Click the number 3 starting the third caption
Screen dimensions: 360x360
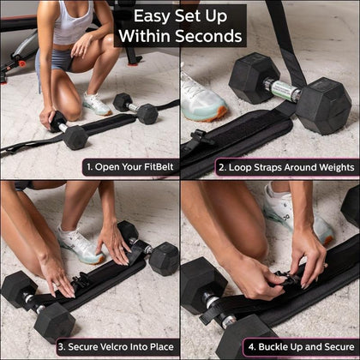click(62, 347)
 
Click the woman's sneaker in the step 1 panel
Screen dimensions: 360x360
click(96, 105)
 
